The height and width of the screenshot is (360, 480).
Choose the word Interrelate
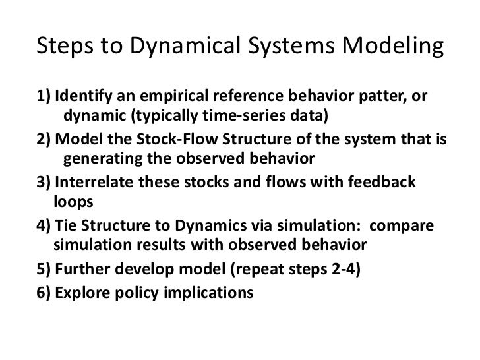coord(96,184)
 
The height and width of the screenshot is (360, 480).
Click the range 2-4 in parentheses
coord(338,269)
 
